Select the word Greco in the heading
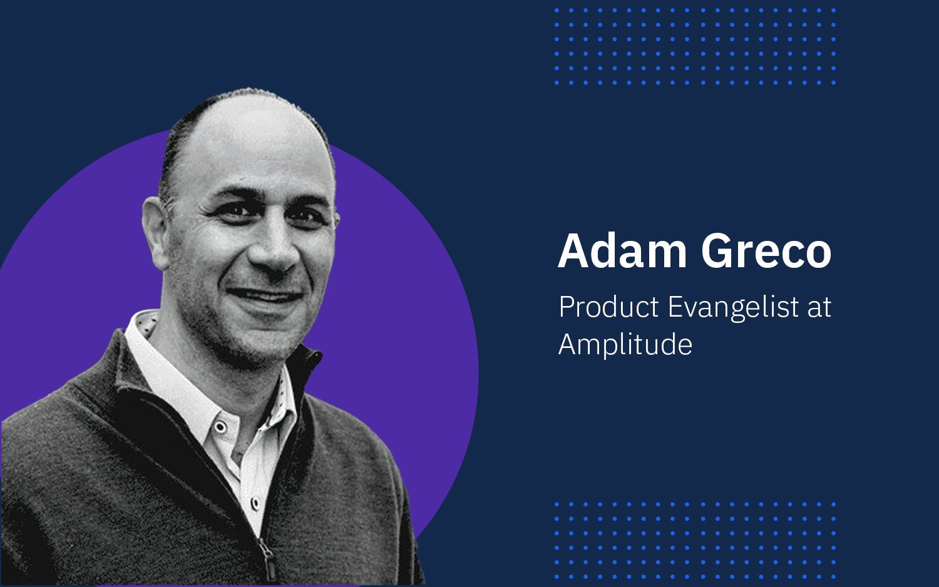pos(766,251)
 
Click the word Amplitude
pos(625,344)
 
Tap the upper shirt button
pos(220,427)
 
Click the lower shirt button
pos(255,502)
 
